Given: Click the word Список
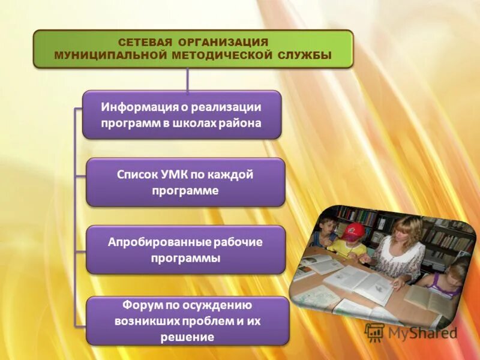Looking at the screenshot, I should [x=139, y=176].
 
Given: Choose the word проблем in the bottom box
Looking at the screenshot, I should [x=214, y=320].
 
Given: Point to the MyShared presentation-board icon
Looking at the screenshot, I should [x=374, y=332].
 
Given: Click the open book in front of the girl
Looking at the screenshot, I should [x=429, y=300].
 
